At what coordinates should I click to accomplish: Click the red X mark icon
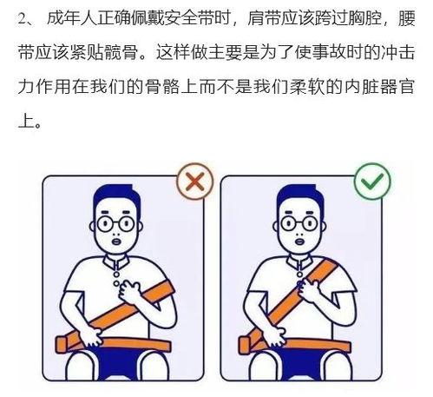point(195,182)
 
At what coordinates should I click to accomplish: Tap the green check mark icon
point(372,182)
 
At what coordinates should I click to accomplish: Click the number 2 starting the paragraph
point(23,20)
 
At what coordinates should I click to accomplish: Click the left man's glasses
point(115,223)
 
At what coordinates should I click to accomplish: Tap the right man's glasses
point(299,223)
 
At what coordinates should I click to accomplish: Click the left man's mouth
point(116,241)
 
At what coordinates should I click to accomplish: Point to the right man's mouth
point(299,241)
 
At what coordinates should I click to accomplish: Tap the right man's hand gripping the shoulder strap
point(310,291)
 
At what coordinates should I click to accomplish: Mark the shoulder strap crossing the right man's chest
point(292,301)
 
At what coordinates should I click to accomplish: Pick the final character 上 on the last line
point(26,121)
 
